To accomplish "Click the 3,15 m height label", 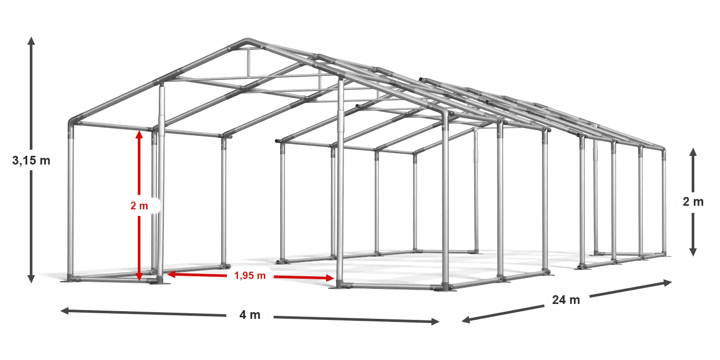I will (x=31, y=160).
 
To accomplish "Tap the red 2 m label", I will (x=139, y=206).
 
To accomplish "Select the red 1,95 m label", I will (x=250, y=276).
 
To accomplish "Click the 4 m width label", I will (x=250, y=314).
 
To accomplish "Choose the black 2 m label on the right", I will (x=693, y=202).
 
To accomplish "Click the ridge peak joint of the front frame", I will (x=247, y=41).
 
